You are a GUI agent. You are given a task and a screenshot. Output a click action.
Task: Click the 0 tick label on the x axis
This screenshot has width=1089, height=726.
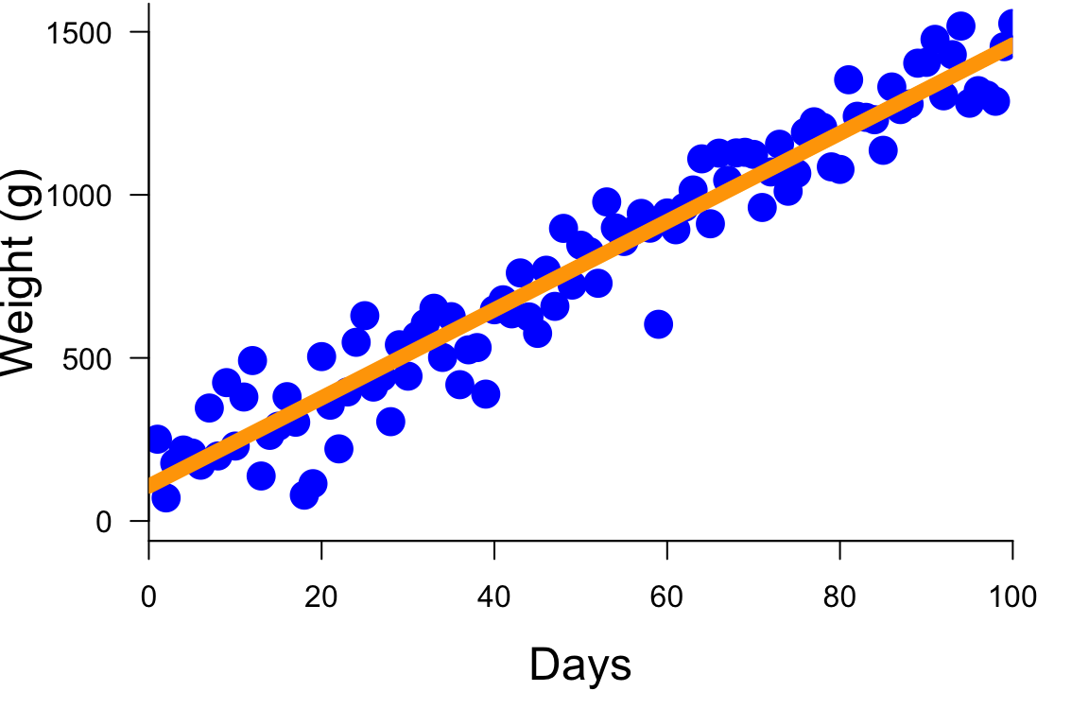point(148,597)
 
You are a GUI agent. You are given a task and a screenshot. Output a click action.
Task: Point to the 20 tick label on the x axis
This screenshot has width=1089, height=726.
point(321,597)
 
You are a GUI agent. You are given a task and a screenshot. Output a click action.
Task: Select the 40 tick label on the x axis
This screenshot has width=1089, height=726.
point(493,597)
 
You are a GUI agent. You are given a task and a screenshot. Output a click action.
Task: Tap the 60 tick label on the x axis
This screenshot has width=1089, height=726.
point(666,597)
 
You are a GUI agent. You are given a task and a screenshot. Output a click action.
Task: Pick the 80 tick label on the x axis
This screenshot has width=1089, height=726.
point(839,597)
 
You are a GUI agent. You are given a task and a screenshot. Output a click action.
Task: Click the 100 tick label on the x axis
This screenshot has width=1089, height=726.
point(1011,597)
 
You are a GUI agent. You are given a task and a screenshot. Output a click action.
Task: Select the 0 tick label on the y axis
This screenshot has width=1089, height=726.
point(104,521)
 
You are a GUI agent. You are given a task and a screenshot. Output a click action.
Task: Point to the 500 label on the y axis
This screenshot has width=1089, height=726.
point(87,358)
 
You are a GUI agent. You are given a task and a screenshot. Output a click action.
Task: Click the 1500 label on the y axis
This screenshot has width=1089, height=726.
point(78,32)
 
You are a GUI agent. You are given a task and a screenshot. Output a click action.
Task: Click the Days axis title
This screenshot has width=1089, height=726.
point(579,665)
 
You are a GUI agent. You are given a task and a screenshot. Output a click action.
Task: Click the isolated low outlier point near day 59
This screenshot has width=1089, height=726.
point(658,324)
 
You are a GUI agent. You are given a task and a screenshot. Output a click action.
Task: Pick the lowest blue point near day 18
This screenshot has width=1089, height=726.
point(304,495)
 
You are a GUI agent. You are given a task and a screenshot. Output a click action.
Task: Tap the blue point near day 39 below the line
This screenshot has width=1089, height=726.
point(485,394)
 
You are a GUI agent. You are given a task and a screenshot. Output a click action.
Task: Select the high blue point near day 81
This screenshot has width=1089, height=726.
point(848,79)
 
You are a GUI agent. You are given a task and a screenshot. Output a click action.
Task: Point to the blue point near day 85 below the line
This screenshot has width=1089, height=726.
point(883,149)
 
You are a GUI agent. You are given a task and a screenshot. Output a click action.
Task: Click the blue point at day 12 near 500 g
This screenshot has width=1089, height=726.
point(252,360)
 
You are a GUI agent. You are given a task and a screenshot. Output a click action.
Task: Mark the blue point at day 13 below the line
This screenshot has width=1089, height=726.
point(261,475)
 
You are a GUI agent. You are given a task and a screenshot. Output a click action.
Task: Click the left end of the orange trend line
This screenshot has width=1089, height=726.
point(151,485)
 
